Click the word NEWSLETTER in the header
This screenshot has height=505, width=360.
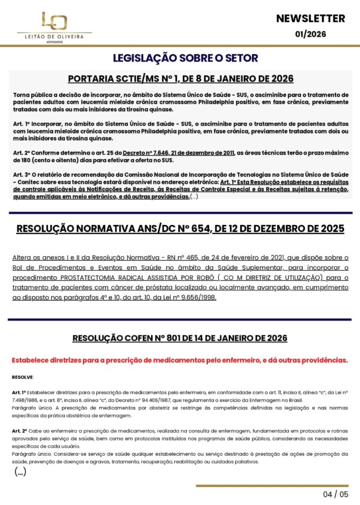(311, 19)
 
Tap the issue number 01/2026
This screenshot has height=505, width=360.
(311, 34)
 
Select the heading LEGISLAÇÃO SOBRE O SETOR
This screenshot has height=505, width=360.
(185, 58)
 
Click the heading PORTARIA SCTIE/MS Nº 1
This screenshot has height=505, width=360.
(180, 79)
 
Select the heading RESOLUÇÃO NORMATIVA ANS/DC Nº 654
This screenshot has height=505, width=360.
(180, 229)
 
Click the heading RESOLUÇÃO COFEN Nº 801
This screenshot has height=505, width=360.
(180, 338)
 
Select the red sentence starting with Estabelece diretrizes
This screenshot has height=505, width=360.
(180, 360)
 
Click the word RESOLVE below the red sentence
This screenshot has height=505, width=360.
(23, 377)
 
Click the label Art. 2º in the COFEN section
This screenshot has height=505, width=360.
(19, 431)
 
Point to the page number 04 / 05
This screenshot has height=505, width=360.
(335, 494)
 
